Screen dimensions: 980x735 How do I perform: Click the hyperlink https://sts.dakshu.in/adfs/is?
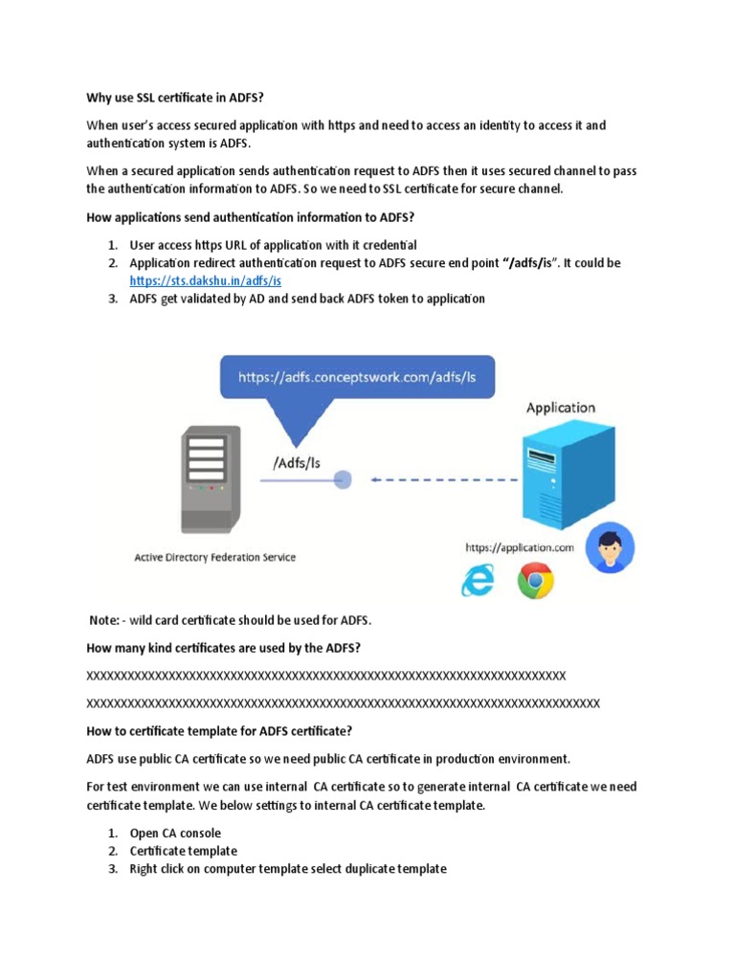[x=206, y=280]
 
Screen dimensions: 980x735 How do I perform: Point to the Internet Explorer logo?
[x=478, y=581]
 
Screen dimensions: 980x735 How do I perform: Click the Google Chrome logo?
[x=535, y=581]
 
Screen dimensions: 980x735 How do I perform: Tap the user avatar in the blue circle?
[x=611, y=547]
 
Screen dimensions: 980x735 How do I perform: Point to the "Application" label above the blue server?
[x=560, y=408]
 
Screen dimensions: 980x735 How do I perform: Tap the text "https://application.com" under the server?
[x=520, y=547]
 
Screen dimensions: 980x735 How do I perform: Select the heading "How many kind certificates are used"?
[x=223, y=648]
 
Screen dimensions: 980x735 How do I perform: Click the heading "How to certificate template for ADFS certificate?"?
[x=219, y=731]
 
